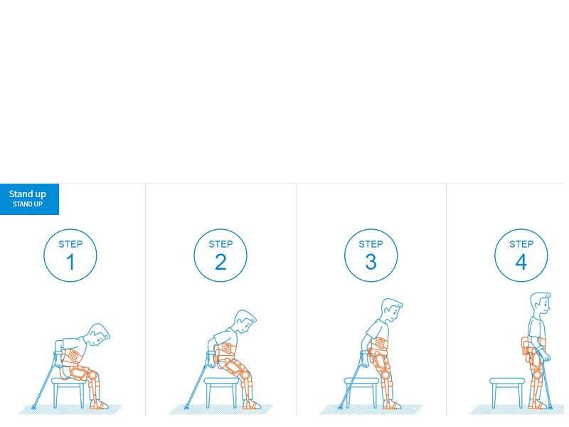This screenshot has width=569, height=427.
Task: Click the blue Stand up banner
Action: click(x=29, y=199)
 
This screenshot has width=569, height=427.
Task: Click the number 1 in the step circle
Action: click(x=70, y=262)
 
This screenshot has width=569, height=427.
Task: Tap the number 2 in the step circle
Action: click(x=220, y=262)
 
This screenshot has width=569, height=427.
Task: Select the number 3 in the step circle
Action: click(x=371, y=262)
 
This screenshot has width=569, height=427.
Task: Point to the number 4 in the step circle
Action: click(x=521, y=262)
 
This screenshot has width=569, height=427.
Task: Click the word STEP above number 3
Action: click(x=371, y=244)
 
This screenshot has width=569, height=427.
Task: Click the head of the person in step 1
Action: click(x=99, y=334)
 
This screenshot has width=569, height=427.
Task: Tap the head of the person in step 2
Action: click(x=245, y=322)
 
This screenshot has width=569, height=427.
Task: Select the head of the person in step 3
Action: click(x=391, y=310)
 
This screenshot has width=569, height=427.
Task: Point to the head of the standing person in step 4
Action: click(x=541, y=305)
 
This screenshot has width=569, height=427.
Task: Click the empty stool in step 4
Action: click(x=507, y=393)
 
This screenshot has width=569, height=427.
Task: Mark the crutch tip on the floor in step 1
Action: click(x=33, y=407)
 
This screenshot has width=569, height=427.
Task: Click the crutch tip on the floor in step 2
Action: click(x=186, y=407)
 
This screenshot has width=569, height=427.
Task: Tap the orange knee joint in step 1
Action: click(x=92, y=375)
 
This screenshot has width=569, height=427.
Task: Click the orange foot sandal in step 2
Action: click(x=252, y=405)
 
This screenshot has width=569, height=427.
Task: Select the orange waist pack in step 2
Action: click(x=227, y=348)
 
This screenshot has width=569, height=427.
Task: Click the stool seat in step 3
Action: click(x=361, y=381)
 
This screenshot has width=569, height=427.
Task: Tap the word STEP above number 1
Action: click(x=70, y=244)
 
